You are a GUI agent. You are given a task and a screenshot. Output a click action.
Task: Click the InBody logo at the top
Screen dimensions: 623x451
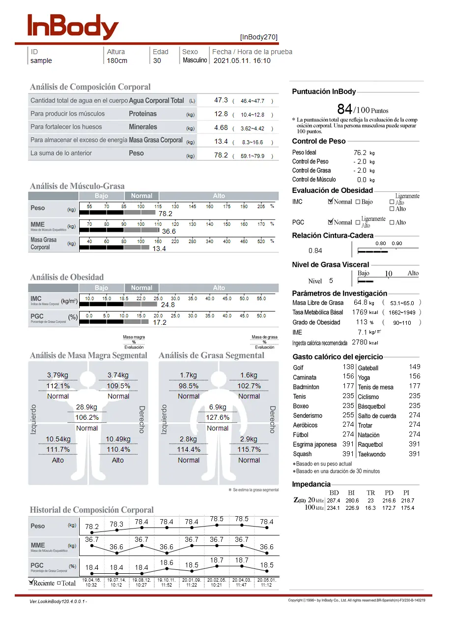point(73,27)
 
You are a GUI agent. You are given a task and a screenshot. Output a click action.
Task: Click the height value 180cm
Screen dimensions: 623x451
point(117,61)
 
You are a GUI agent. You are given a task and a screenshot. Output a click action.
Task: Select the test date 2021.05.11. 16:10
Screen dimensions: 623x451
point(242,61)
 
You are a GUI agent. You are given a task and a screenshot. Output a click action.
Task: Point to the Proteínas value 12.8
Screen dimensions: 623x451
point(221,114)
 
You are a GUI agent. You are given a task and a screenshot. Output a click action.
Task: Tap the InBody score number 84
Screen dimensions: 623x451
point(344,109)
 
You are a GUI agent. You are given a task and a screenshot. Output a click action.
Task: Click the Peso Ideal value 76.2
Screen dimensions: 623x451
point(360,153)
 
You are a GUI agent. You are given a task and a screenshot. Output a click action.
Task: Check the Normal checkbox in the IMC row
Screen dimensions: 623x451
point(330,202)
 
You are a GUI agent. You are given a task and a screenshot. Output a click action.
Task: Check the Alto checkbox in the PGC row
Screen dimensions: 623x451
point(392,222)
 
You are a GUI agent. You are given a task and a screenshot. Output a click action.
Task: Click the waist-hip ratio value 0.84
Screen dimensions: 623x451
point(315,250)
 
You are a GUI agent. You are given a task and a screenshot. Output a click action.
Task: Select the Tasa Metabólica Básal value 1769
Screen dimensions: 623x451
point(359,312)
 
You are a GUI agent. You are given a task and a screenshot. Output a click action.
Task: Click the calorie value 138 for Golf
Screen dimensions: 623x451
point(348,367)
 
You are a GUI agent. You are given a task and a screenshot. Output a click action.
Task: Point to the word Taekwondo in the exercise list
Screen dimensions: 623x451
point(372,454)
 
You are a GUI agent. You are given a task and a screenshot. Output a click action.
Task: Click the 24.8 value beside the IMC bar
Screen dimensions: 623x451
point(168,305)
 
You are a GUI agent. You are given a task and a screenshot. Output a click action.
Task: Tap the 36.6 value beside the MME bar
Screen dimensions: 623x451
point(169,231)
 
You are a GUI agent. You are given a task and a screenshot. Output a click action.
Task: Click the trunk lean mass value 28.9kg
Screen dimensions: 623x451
point(87,407)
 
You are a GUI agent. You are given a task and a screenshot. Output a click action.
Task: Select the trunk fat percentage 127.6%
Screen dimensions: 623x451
point(218,417)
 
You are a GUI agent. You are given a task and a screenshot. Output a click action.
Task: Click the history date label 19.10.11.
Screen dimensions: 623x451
point(167,580)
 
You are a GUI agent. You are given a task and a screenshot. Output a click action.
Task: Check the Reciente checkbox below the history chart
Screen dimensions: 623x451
point(32,583)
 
